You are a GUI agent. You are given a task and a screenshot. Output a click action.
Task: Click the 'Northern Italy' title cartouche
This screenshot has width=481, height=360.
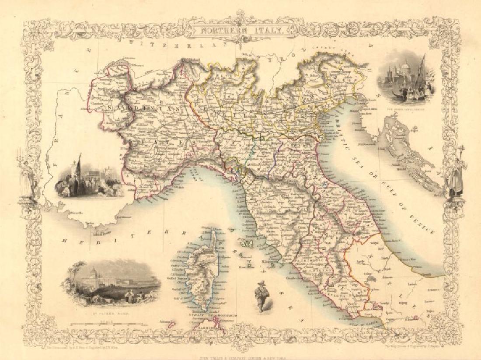[240, 30]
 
